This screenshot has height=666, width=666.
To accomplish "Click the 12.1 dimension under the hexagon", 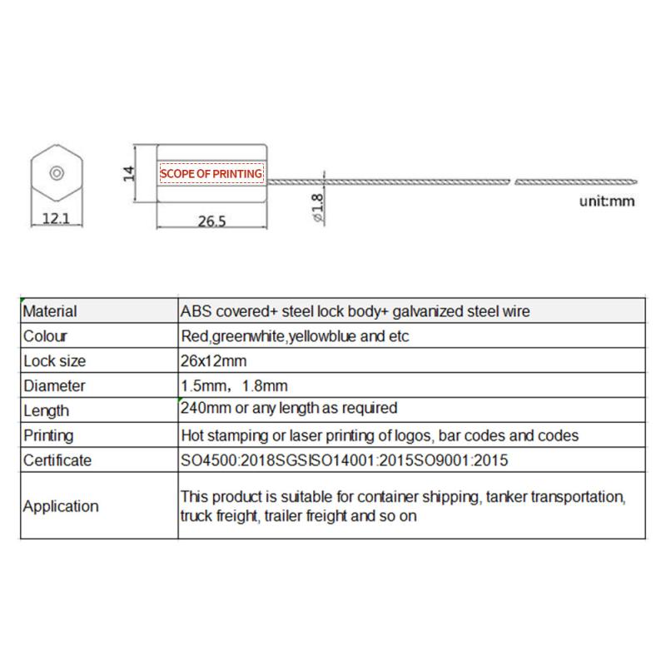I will pos(55,219).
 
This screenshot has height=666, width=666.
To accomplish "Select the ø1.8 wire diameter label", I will pos(318,205).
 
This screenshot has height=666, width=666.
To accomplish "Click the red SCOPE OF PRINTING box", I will pos(211,173).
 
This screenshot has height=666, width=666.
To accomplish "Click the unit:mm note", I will pos(607,201).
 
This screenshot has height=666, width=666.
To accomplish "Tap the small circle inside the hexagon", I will pos(56,173).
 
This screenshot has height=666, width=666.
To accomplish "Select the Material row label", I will pos(50,311).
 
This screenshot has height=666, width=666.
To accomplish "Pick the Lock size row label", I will pos(54,361).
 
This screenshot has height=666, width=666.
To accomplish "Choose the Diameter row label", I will pos(53,386).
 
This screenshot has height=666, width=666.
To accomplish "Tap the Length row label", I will pos(46,410).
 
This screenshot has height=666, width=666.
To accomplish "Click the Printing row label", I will pos(48,435).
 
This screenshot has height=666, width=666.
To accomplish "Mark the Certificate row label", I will pos(57,460).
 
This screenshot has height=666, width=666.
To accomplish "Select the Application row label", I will pos(61,506).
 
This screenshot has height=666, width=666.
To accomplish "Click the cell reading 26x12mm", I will pos(213,361).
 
